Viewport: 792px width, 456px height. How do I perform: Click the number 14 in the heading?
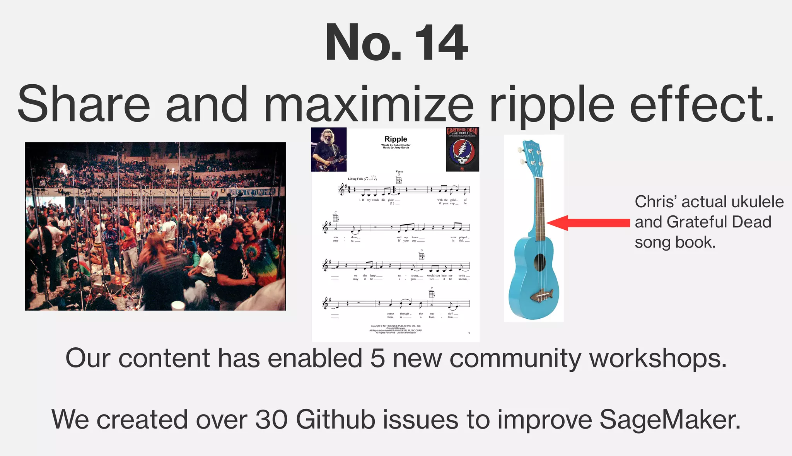441,43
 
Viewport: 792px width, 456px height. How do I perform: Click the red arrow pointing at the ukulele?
588,223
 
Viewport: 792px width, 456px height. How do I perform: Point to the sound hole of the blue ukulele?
539,263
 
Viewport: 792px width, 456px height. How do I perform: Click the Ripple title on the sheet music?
396,139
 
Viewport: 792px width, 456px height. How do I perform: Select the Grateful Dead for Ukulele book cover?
463,149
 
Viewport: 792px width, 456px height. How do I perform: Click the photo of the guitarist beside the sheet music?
329,149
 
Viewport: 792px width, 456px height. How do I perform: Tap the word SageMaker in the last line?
670,420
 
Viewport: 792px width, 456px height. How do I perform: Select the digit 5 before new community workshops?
377,358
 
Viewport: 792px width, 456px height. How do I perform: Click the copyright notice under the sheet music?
396,329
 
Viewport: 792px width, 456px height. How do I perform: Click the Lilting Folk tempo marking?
355,179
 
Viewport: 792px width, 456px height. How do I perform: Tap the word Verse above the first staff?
399,171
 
